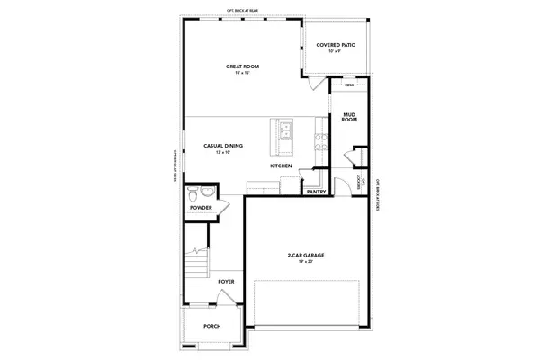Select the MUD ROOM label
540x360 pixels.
point(350,118)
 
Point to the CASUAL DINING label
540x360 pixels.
point(223,146)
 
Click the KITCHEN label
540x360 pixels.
point(281,166)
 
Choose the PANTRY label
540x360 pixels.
point(316,192)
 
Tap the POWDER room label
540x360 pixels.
point(201,208)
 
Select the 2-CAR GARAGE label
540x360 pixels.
point(305,256)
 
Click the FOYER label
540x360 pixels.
point(226,281)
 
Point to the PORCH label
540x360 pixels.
point(212,326)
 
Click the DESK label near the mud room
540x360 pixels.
point(349,85)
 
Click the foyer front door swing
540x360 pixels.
point(227,301)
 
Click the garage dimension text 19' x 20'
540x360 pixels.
point(305,263)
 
